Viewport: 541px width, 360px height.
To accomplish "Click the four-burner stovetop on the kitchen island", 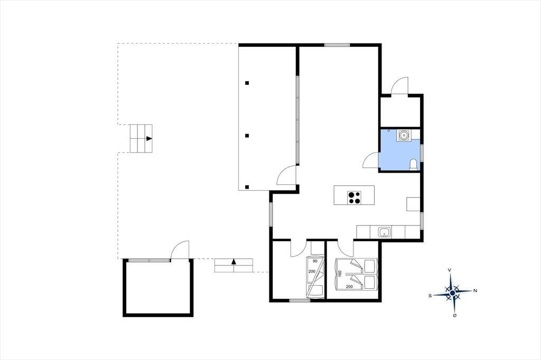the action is pyautogui.click(x=354, y=198).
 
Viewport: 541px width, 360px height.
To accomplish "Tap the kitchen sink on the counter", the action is pyautogui.click(x=384, y=232).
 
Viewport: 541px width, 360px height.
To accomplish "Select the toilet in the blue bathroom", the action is pyautogui.click(x=413, y=165).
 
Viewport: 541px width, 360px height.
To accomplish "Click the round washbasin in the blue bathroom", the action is pyautogui.click(x=403, y=136).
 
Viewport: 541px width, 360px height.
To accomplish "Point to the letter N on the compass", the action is pyautogui.click(x=475, y=291).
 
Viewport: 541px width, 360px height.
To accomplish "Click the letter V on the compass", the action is pyautogui.click(x=450, y=270).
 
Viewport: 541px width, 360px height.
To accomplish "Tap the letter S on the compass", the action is pyautogui.click(x=430, y=296).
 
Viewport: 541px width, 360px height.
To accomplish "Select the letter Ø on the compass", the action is pyautogui.click(x=455, y=315).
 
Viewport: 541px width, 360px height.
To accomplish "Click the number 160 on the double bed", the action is pyautogui.click(x=340, y=273).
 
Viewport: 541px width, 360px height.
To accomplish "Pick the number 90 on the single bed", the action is pyautogui.click(x=315, y=261).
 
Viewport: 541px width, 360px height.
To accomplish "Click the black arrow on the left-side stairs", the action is pyautogui.click(x=149, y=138).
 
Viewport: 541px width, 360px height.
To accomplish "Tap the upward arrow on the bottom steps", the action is pyautogui.click(x=234, y=261).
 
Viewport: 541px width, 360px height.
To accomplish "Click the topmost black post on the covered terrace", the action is pyautogui.click(x=247, y=83).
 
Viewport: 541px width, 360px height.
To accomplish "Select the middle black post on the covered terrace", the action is pyautogui.click(x=247, y=136).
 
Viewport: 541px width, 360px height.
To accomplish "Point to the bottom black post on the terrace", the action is pyautogui.click(x=247, y=187).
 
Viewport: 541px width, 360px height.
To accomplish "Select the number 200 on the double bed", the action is pyautogui.click(x=349, y=287).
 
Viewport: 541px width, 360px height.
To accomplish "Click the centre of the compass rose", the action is pyautogui.click(x=452, y=293).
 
